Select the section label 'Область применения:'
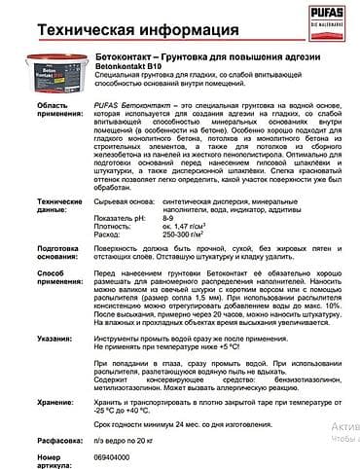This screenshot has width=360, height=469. (42, 134)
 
